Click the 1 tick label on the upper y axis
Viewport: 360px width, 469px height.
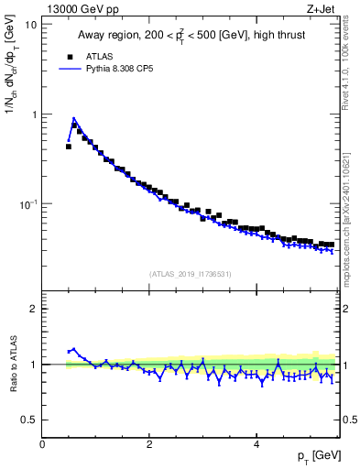tap(34, 115)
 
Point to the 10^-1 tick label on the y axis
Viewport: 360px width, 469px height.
tap(27, 203)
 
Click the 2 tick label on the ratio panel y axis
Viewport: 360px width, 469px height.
tap(34, 309)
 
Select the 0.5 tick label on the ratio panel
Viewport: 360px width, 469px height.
tap(29, 420)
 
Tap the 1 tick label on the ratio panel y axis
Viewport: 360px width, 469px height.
tap(34, 365)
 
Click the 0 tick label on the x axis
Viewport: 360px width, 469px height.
tap(42, 443)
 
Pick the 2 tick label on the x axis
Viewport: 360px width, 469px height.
tap(148, 443)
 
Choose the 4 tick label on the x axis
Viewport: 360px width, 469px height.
tap(256, 443)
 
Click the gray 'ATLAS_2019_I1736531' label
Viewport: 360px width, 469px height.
tap(190, 273)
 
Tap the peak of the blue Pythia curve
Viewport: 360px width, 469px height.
tap(73, 118)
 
